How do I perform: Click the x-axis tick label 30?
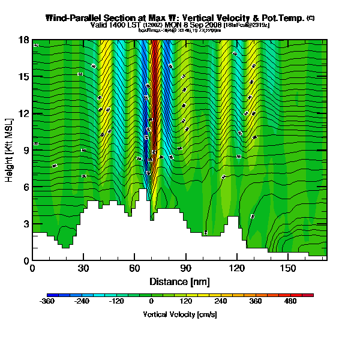[x=83, y=268]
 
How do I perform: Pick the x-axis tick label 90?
[x=186, y=268]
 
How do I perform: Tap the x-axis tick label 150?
[x=288, y=268]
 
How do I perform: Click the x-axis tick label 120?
[x=237, y=268]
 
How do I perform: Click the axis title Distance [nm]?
[x=179, y=281]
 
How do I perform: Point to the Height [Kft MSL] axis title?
[x=10, y=150]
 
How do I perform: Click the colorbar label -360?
[x=47, y=302]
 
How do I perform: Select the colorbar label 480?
[x=290, y=302]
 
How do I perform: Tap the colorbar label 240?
[x=221, y=302]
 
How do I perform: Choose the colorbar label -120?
[x=116, y=302]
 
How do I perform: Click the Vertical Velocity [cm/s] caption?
[x=180, y=314]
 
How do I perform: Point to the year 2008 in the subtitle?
[x=214, y=26]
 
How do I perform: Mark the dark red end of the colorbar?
[x=310, y=295]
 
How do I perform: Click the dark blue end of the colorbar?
[x=50, y=295]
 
